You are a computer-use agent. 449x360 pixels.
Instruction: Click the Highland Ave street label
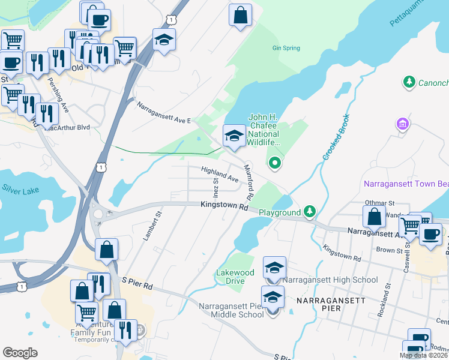pyautogui.click(x=220, y=174)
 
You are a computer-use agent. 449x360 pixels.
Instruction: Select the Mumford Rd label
pyautogui.click(x=247, y=184)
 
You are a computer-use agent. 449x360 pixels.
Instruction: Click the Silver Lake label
pyautogui.click(x=20, y=191)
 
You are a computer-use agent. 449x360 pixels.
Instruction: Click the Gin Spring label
pyautogui.click(x=285, y=48)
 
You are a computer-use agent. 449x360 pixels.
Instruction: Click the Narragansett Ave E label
pyautogui.click(x=163, y=112)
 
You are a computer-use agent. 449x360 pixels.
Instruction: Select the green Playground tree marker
pyautogui.click(x=310, y=211)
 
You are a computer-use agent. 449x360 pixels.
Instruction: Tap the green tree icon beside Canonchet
pyautogui.click(x=409, y=81)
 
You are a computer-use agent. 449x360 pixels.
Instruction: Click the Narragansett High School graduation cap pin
pyautogui.click(x=274, y=267)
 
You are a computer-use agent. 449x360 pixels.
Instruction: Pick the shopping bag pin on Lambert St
pyautogui.click(x=106, y=250)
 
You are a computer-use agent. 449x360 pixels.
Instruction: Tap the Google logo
pyautogui.click(x=20, y=352)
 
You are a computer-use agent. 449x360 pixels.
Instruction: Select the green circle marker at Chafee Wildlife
pyautogui.click(x=275, y=162)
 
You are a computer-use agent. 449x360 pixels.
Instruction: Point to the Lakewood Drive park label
pyautogui.click(x=235, y=277)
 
